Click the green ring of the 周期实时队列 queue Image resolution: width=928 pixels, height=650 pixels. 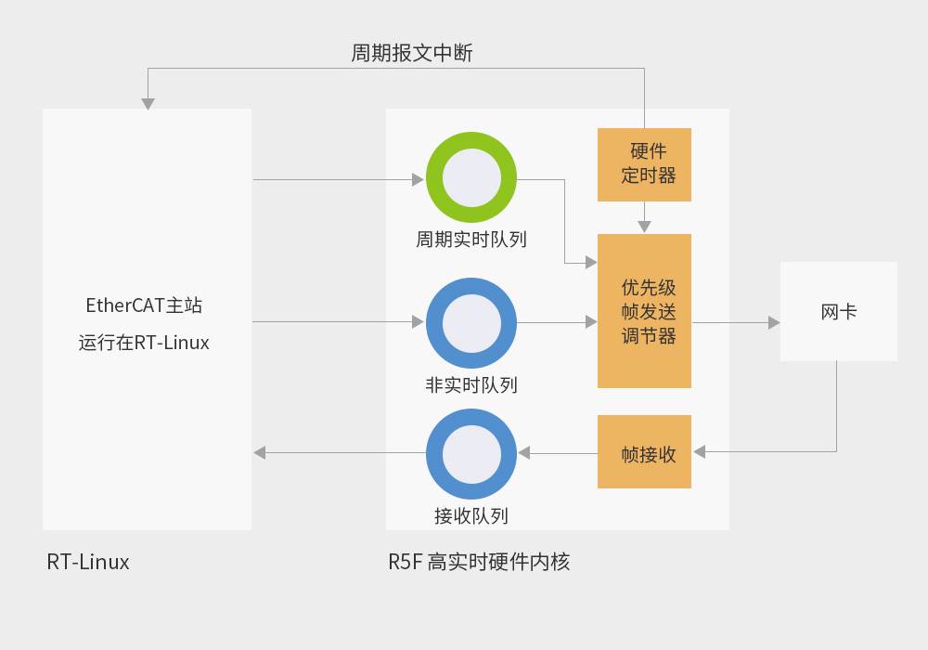471,141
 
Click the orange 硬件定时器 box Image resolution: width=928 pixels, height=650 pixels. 645,164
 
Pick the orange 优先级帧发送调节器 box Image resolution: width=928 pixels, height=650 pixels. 645,311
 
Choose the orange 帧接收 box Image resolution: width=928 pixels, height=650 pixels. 645,452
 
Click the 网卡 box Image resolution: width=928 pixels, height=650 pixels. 839,312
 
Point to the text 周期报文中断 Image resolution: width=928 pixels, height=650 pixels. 412,53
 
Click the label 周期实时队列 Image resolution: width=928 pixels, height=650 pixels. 471,240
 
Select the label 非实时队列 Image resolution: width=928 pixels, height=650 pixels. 471,385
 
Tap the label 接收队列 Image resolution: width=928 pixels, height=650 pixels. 471,516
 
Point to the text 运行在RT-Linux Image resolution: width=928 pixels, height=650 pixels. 144,343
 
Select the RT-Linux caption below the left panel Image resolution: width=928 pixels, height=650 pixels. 88,562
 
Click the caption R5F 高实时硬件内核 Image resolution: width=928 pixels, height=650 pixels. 479,562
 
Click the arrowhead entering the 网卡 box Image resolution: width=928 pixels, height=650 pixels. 774,322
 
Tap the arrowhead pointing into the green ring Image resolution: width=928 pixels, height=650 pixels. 419,179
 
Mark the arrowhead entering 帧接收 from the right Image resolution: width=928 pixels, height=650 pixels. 699,452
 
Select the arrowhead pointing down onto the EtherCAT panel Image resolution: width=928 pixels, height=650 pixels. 148,104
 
